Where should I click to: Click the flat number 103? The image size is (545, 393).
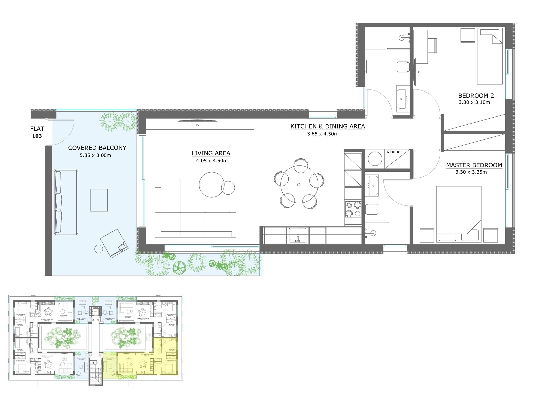(37, 136)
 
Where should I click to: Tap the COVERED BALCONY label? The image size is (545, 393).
(97, 148)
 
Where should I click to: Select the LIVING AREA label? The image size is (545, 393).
(211, 153)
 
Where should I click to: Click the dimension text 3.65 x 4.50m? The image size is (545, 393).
(323, 134)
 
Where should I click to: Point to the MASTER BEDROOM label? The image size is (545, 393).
(474, 165)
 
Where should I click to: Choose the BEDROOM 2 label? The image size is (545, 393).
(476, 96)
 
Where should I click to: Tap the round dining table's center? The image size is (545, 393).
(299, 185)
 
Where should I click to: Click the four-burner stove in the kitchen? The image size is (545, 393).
(353, 209)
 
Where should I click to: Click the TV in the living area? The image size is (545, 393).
(197, 121)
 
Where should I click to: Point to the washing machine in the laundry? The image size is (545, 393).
(375, 159)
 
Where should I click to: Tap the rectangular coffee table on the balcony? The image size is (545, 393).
(99, 200)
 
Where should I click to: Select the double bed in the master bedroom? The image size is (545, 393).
(458, 214)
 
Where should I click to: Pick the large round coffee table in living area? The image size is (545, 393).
(211, 185)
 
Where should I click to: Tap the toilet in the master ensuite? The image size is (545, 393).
(372, 209)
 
